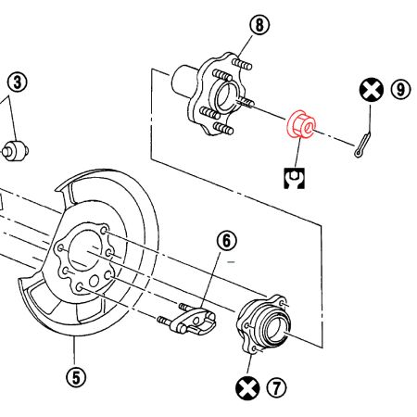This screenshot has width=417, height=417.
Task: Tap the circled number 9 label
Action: pyautogui.click(x=399, y=90)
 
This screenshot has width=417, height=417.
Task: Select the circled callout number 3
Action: pyautogui.click(x=18, y=82)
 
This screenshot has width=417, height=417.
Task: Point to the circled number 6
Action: pyautogui.click(x=227, y=241)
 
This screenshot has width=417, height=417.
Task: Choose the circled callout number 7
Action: pyautogui.click(x=274, y=387)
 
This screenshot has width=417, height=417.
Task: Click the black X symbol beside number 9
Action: pyautogui.click(x=371, y=90)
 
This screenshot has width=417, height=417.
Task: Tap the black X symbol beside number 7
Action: pyautogui.click(x=246, y=388)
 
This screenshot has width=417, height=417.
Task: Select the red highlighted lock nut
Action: pyautogui.click(x=302, y=125)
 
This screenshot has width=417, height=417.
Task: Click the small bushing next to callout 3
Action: pyautogui.click(x=16, y=148)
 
